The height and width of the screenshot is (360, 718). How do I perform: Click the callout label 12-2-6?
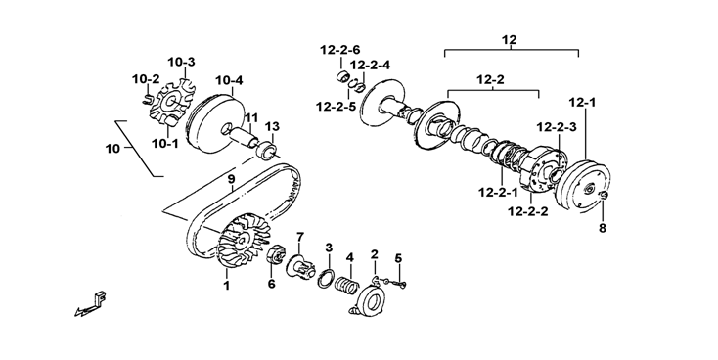[340, 50]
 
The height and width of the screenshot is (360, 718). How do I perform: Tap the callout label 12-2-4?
[371, 66]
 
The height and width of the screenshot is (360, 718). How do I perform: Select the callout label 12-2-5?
[336, 107]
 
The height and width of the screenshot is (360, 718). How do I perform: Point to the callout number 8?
[603, 228]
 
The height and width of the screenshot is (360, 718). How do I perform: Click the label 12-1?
[582, 103]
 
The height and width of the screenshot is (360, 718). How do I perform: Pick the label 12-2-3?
[557, 127]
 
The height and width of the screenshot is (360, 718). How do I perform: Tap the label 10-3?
[181, 62]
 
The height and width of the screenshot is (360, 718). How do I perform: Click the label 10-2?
[146, 79]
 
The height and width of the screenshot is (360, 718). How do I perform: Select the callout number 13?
[272, 126]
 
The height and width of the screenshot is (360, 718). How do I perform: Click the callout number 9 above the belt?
[231, 179]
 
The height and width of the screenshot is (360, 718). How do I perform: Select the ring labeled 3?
[326, 279]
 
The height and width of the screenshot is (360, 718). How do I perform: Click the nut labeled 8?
[604, 196]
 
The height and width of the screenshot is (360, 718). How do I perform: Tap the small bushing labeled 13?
[267, 150]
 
